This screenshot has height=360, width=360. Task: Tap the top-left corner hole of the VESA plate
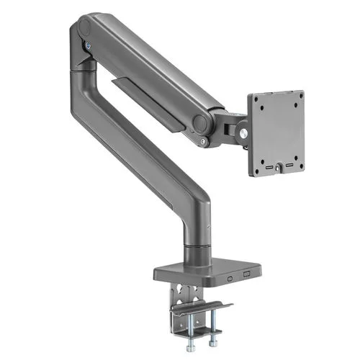pos(261,107)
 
